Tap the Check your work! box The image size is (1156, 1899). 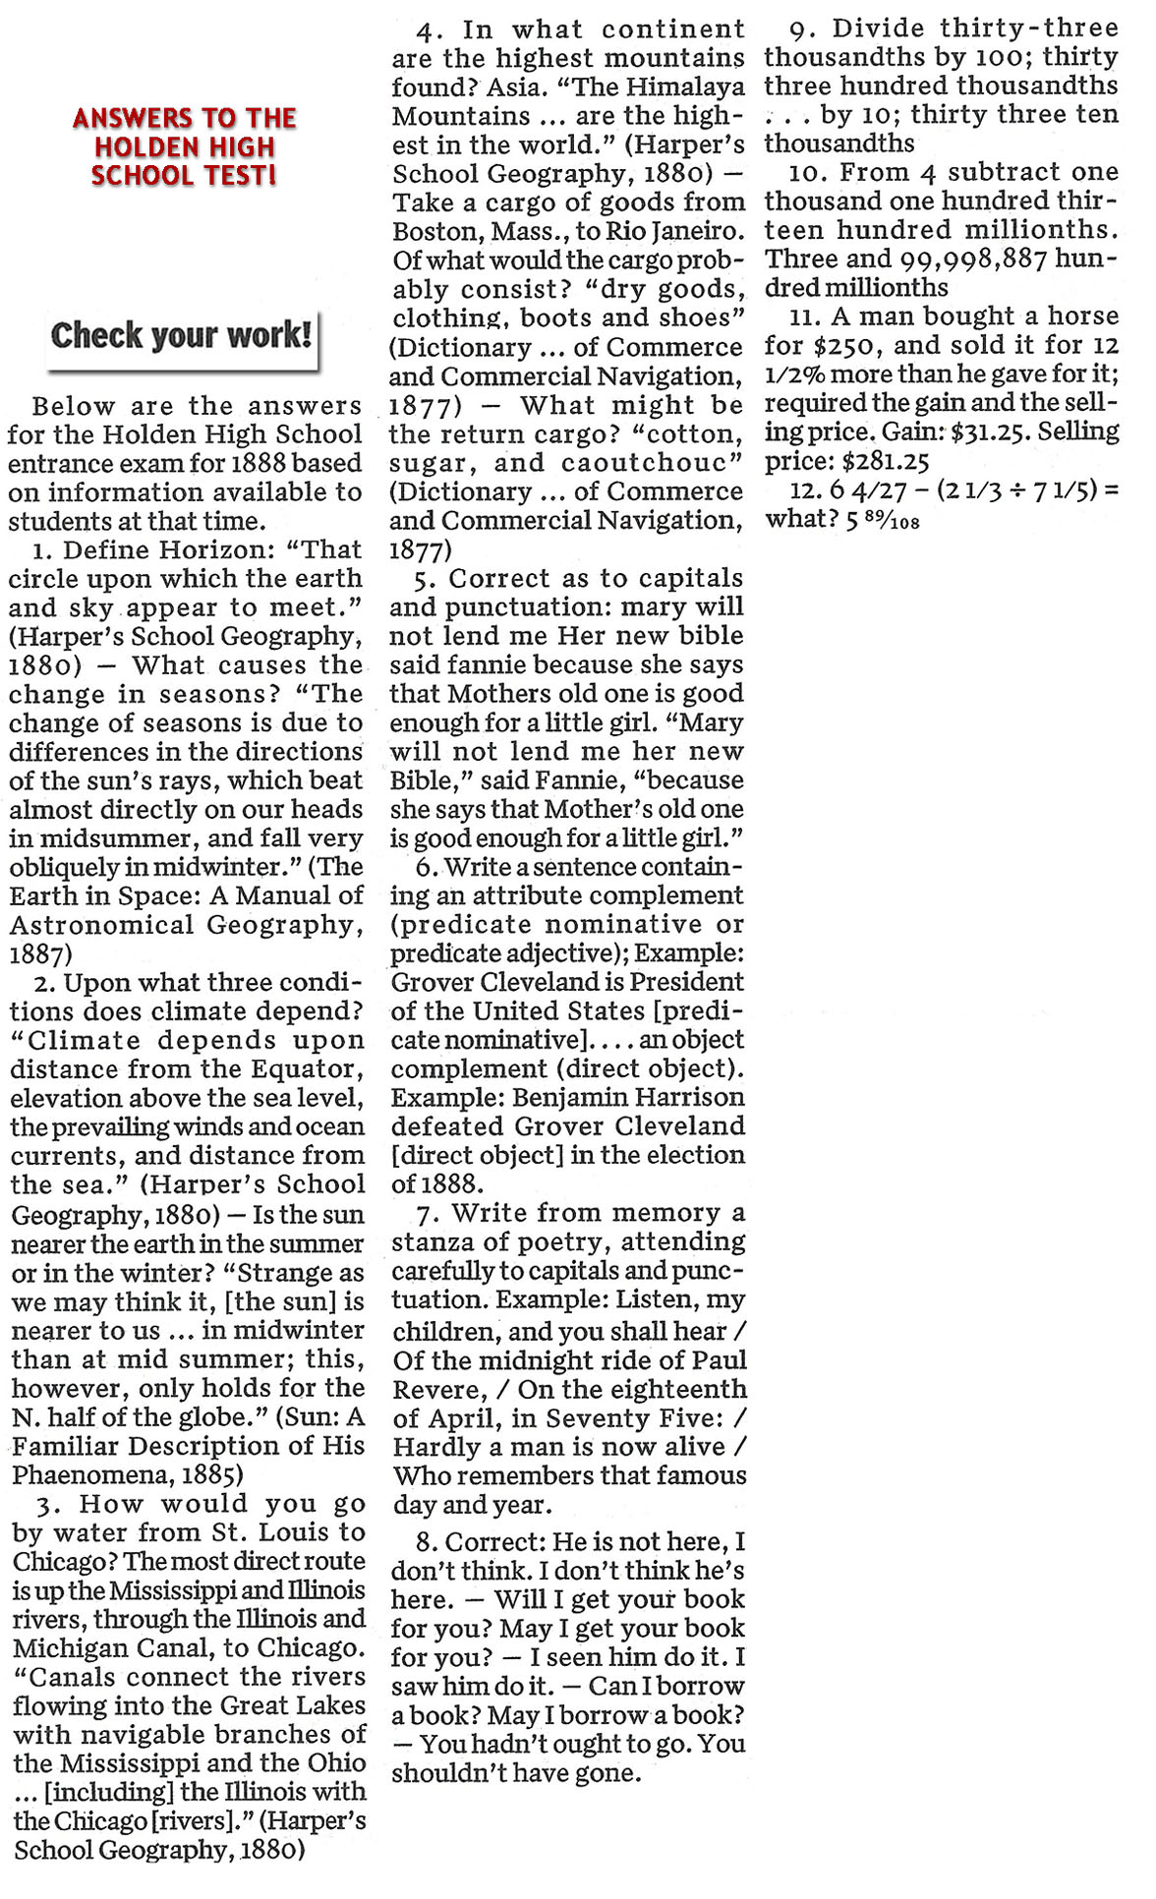(182, 335)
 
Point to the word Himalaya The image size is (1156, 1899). (685, 87)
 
